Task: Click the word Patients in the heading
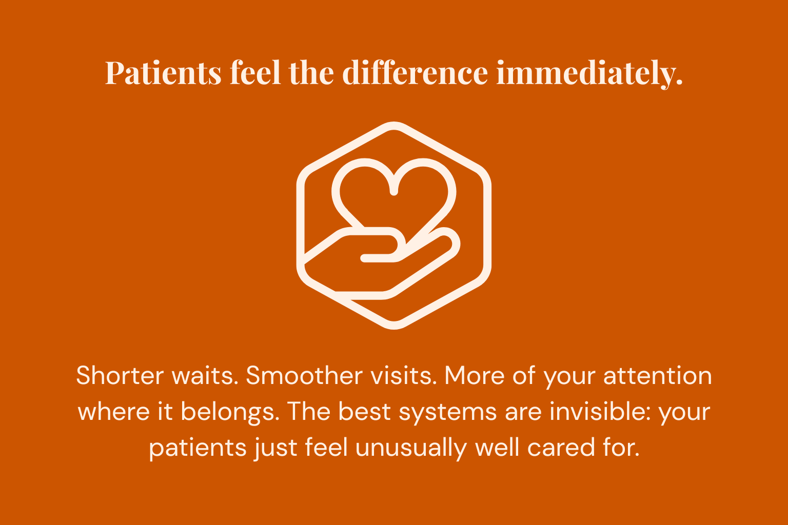tap(163, 73)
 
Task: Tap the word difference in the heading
tap(415, 73)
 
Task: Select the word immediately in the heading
tap(589, 73)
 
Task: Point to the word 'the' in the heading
tap(312, 73)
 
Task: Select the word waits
tap(205, 376)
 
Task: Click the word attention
tap(657, 376)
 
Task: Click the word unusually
tap(411, 449)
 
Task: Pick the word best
tap(364, 412)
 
